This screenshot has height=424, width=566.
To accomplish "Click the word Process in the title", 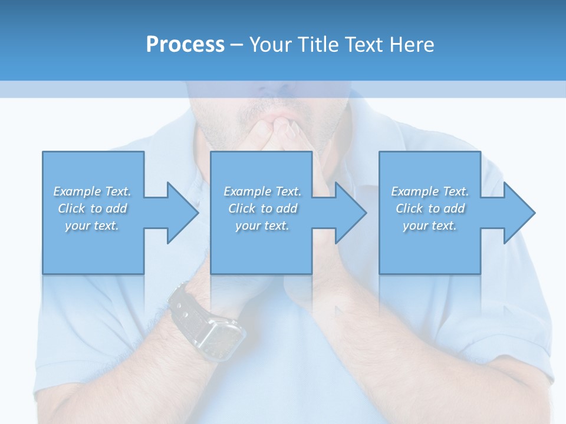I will (185, 45).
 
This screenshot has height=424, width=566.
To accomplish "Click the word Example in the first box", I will (77, 191).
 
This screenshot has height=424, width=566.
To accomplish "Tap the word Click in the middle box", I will (241, 208).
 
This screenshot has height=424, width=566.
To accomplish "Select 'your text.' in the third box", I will (429, 226).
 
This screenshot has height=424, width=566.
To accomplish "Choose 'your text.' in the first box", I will (91, 226).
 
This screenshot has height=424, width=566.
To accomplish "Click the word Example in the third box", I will (414, 191).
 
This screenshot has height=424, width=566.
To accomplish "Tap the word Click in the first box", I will (71, 208).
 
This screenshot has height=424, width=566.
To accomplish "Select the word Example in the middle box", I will (247, 191).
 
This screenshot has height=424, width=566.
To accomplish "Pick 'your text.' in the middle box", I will (262, 226).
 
